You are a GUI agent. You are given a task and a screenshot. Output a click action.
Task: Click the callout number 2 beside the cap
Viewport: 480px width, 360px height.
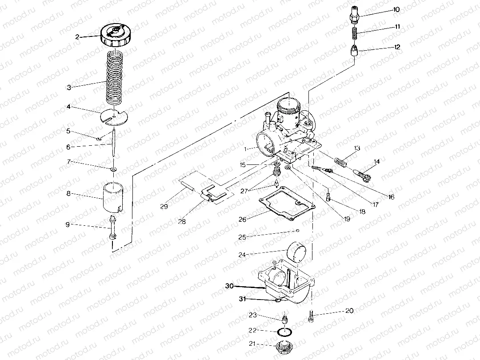[x=77, y=37]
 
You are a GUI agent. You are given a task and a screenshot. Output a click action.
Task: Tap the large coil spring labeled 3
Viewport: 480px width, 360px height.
[x=115, y=76]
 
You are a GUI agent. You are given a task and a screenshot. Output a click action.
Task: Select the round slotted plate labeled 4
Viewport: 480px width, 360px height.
[x=114, y=118]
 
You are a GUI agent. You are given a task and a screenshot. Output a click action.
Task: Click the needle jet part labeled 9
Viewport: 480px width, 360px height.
[x=112, y=227]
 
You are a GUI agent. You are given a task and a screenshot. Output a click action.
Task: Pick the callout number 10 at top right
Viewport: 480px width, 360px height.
[x=396, y=9]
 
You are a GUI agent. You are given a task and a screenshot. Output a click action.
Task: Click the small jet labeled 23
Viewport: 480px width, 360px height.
[x=284, y=318]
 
